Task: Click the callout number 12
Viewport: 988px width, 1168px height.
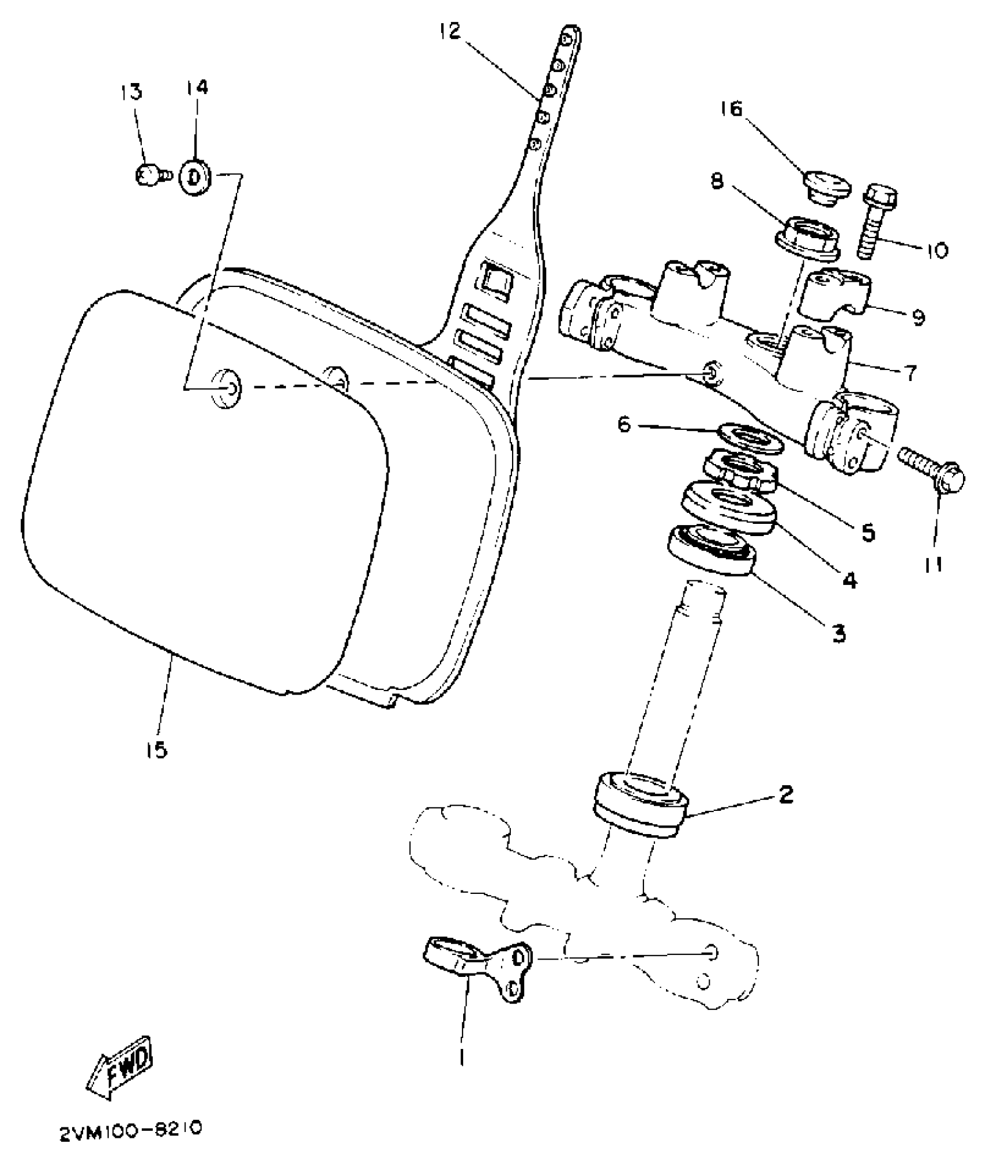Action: (x=449, y=31)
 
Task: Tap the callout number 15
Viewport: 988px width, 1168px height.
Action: (x=157, y=750)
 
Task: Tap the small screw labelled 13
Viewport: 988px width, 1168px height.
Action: (x=151, y=174)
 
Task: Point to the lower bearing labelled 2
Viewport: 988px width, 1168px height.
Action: (x=640, y=804)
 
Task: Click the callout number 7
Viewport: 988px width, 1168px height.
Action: (x=910, y=371)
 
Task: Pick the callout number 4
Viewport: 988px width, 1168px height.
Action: (x=850, y=579)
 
